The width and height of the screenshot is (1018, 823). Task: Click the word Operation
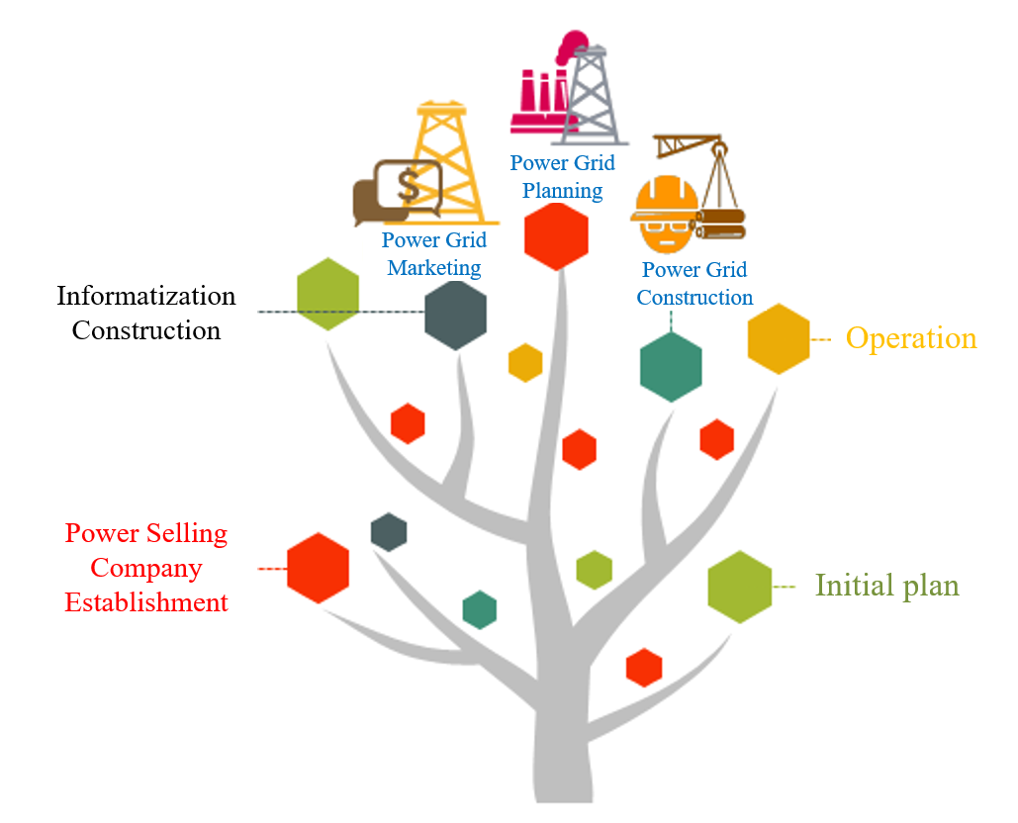tap(910, 338)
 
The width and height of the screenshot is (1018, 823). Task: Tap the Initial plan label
tap(886, 586)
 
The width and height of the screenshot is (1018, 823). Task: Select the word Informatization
tap(146, 296)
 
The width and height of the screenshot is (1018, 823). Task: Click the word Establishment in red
tap(146, 602)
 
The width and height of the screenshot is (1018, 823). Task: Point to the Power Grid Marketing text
tap(434, 253)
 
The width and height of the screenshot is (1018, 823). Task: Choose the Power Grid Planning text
tap(562, 176)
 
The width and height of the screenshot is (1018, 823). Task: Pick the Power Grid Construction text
tap(694, 283)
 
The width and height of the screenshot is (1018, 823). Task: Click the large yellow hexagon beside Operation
tap(779, 338)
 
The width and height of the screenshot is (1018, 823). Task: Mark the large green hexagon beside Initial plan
tap(740, 587)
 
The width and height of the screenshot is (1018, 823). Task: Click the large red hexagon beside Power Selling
tap(318, 568)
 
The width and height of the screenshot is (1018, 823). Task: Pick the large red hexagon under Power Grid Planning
tap(556, 236)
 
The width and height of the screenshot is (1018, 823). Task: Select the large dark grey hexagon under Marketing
tap(455, 316)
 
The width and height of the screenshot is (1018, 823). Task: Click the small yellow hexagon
tap(525, 362)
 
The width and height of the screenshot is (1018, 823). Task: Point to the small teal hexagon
tap(479, 609)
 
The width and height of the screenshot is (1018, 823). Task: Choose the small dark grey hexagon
tap(389, 532)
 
